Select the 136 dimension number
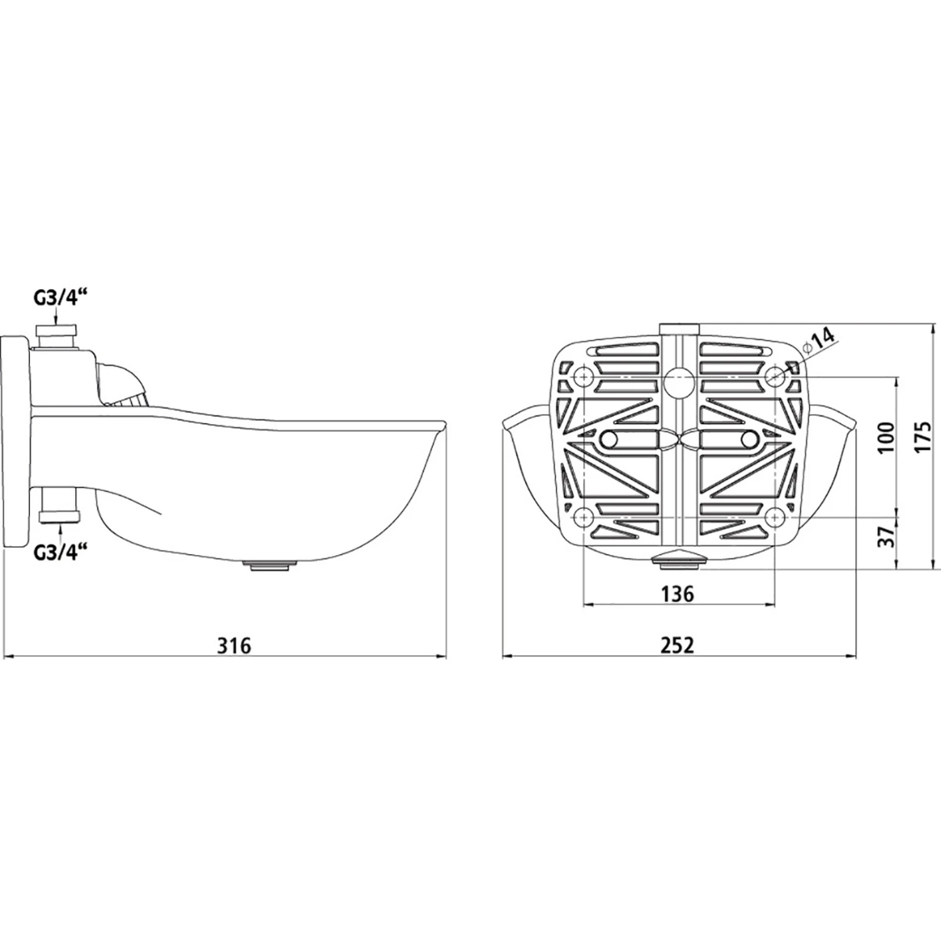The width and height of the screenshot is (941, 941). (678, 593)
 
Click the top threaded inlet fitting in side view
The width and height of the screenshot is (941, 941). (57, 338)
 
